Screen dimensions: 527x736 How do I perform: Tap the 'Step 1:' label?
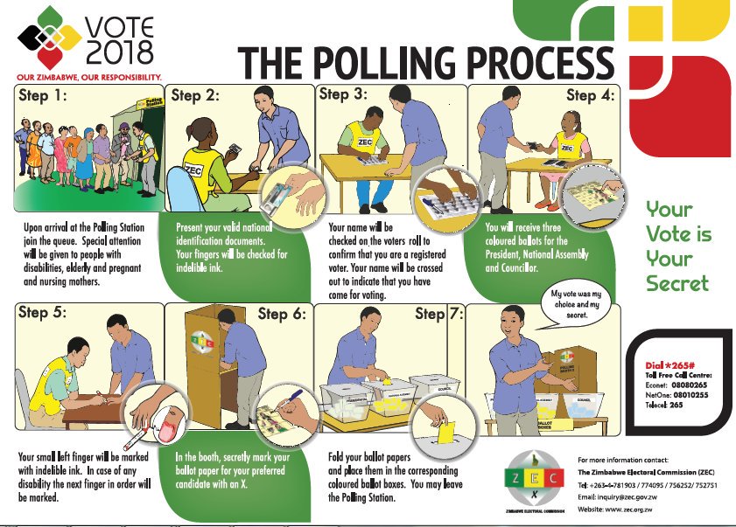pos(43,96)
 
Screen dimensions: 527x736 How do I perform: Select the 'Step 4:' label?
pos(592,94)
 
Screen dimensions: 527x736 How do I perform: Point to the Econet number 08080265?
pos(696,383)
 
